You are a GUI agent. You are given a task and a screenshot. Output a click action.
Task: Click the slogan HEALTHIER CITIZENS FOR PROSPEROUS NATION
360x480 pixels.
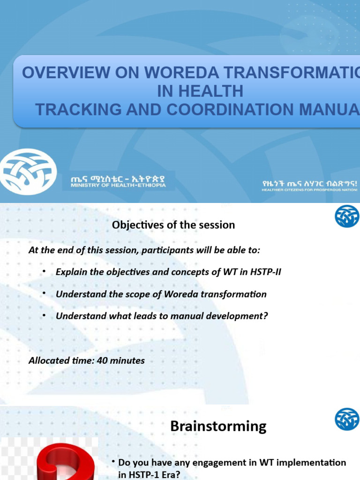click(310, 190)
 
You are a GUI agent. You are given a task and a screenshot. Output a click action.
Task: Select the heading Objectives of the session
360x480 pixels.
click(173, 225)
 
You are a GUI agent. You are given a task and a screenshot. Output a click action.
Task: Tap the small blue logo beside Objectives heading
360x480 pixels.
click(346, 216)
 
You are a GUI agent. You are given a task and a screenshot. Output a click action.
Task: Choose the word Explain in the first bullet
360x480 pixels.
click(70, 272)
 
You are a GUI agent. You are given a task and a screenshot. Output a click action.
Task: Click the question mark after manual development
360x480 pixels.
click(265, 316)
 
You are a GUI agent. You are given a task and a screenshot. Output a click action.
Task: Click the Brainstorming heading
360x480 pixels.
click(218, 426)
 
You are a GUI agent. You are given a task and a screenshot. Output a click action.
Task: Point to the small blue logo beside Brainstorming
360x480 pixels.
click(346, 419)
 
